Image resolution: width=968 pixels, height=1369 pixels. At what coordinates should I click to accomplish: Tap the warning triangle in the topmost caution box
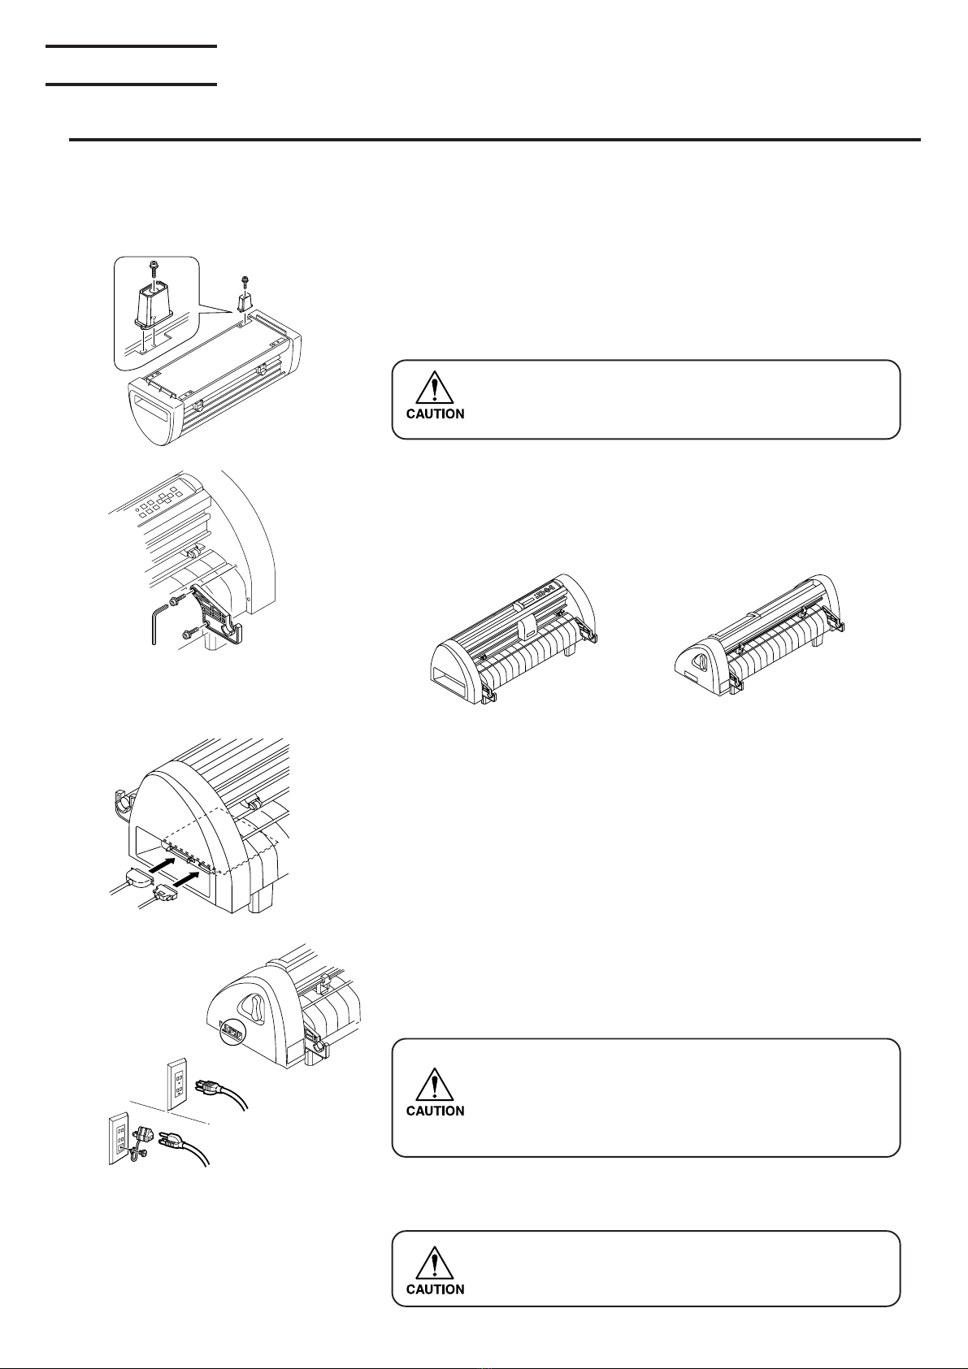point(434,387)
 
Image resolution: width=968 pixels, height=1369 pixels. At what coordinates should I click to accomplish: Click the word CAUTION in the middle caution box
point(435,1111)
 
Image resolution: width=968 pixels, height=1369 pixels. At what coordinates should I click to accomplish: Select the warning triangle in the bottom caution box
point(434,1263)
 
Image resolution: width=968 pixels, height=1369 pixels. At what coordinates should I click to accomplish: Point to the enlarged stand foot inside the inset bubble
point(154,302)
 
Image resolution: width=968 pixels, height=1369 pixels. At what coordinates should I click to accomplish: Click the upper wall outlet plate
point(177,1085)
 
